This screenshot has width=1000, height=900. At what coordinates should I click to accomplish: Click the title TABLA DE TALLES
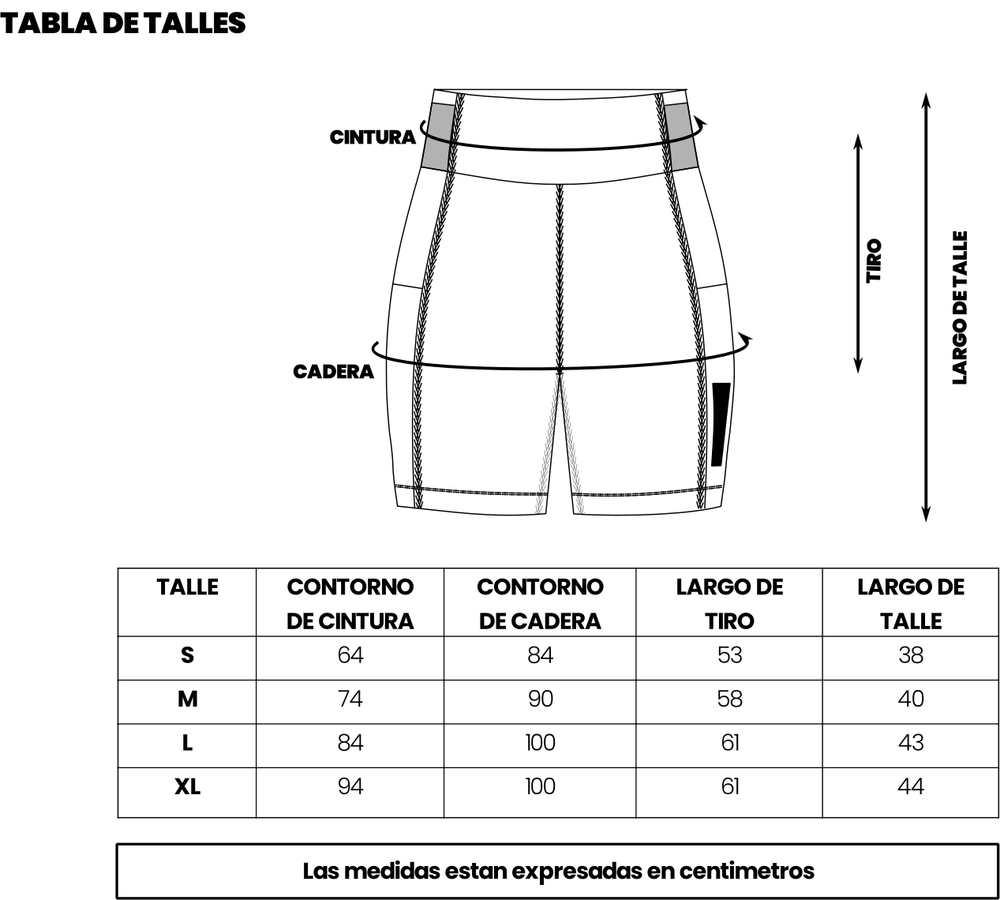(122, 24)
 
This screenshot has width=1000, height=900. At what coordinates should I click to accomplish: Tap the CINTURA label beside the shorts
(373, 137)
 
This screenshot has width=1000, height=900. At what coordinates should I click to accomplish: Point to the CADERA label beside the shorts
(333, 372)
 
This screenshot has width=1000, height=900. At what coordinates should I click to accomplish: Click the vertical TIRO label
(874, 261)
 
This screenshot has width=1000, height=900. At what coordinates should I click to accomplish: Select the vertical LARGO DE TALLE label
(960, 308)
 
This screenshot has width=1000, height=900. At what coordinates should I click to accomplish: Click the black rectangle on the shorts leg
(720, 424)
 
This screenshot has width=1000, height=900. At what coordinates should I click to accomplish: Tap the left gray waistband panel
(439, 136)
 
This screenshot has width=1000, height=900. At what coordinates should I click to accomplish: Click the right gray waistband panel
(681, 136)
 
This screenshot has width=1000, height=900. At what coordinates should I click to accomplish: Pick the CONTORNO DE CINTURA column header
(350, 604)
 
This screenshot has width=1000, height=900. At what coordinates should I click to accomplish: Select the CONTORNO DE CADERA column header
(540, 604)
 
